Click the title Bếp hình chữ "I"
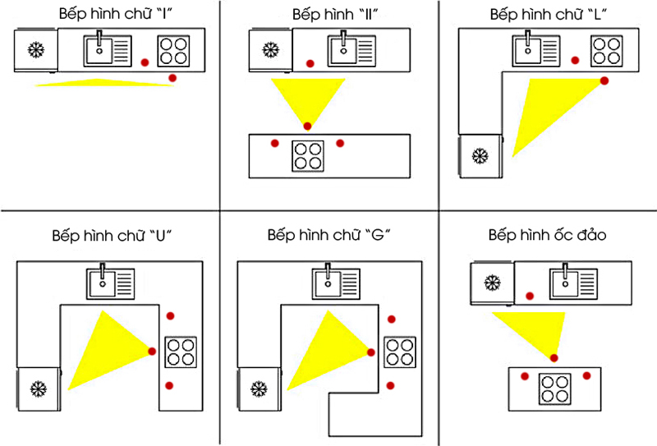[x=116, y=14]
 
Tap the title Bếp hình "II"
[x=335, y=15]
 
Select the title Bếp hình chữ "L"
[x=549, y=15]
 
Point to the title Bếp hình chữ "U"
[x=112, y=236]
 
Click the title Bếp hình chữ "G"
[x=329, y=235]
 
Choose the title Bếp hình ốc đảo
[x=547, y=235]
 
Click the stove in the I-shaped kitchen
[x=173, y=51]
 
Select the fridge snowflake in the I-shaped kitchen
[x=36, y=50]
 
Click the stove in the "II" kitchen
[x=307, y=156]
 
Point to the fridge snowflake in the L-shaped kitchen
[x=480, y=156]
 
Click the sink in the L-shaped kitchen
[x=536, y=49]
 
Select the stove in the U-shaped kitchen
[x=181, y=352]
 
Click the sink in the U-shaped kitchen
[x=111, y=282]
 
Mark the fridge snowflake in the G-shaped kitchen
[x=259, y=389]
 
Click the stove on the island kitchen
[x=555, y=389]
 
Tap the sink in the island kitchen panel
[x=573, y=282]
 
